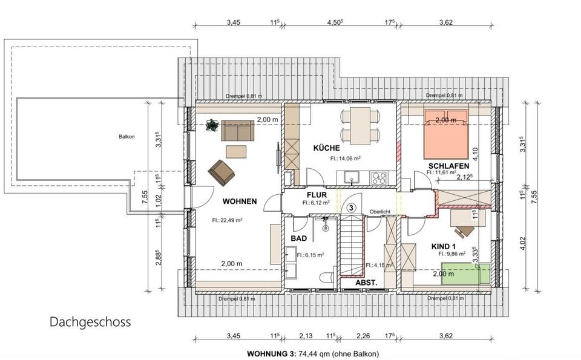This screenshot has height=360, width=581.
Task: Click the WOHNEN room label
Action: [239, 201]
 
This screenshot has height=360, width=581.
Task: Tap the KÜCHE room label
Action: [326, 148]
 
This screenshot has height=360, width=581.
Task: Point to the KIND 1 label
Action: [442, 246]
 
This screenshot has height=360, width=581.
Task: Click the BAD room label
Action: [298, 239]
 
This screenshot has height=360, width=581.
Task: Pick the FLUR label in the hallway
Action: [317, 195]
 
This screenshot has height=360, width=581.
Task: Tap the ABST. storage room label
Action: [366, 283]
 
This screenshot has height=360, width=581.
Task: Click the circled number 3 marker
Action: [351, 207]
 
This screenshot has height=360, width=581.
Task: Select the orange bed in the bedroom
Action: [445, 133]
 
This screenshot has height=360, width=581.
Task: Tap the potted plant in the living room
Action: [212, 126]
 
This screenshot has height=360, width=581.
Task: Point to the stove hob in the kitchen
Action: [380, 178]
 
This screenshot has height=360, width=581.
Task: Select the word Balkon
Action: [126, 137]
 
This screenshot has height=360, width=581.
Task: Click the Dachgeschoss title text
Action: [90, 322]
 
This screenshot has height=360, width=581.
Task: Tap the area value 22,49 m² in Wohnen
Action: [227, 220]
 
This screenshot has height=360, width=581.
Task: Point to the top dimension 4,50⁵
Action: [335, 22]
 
